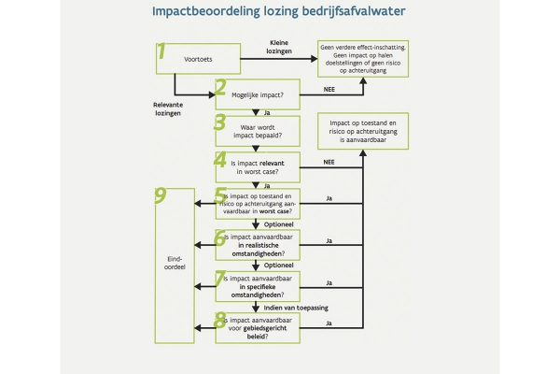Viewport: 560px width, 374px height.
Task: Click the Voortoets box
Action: pyautogui.click(x=198, y=59)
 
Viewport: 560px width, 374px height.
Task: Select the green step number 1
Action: pyautogui.click(x=161, y=50)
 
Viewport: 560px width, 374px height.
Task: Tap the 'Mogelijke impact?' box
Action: pyautogui.click(x=258, y=94)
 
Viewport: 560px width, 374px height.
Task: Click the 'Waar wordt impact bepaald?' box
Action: pyautogui.click(x=258, y=131)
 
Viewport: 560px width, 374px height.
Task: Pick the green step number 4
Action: pyautogui.click(x=220, y=160)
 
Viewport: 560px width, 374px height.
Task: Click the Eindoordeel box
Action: pyautogui.click(x=175, y=266)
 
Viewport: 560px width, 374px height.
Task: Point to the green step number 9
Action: pyautogui.click(x=161, y=195)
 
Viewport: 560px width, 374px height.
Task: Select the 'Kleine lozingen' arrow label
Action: pyautogui.click(x=279, y=47)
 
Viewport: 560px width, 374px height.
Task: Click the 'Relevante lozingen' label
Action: pyautogui.click(x=168, y=108)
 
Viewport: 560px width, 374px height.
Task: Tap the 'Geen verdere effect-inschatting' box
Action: pyautogui.click(x=363, y=59)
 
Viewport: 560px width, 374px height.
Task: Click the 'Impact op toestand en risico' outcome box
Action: pyautogui.click(x=363, y=131)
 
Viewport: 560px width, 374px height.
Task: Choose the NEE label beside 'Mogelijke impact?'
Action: pyautogui.click(x=329, y=89)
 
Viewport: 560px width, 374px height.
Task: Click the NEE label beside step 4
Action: pyautogui.click(x=329, y=162)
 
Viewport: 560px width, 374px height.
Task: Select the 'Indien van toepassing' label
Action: pyautogui.click(x=296, y=308)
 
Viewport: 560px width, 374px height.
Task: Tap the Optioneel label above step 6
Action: pyautogui.click(x=278, y=224)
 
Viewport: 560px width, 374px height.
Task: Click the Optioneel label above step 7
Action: pyautogui.click(x=278, y=266)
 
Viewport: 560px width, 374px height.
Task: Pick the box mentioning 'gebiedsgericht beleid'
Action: pyautogui.click(x=258, y=328)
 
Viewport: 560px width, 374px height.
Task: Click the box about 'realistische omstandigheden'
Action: pyautogui.click(x=258, y=245)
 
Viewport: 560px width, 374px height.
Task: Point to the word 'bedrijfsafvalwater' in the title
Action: pyautogui.click(x=354, y=11)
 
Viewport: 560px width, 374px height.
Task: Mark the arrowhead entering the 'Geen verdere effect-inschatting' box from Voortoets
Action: pyautogui.click(x=315, y=59)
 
